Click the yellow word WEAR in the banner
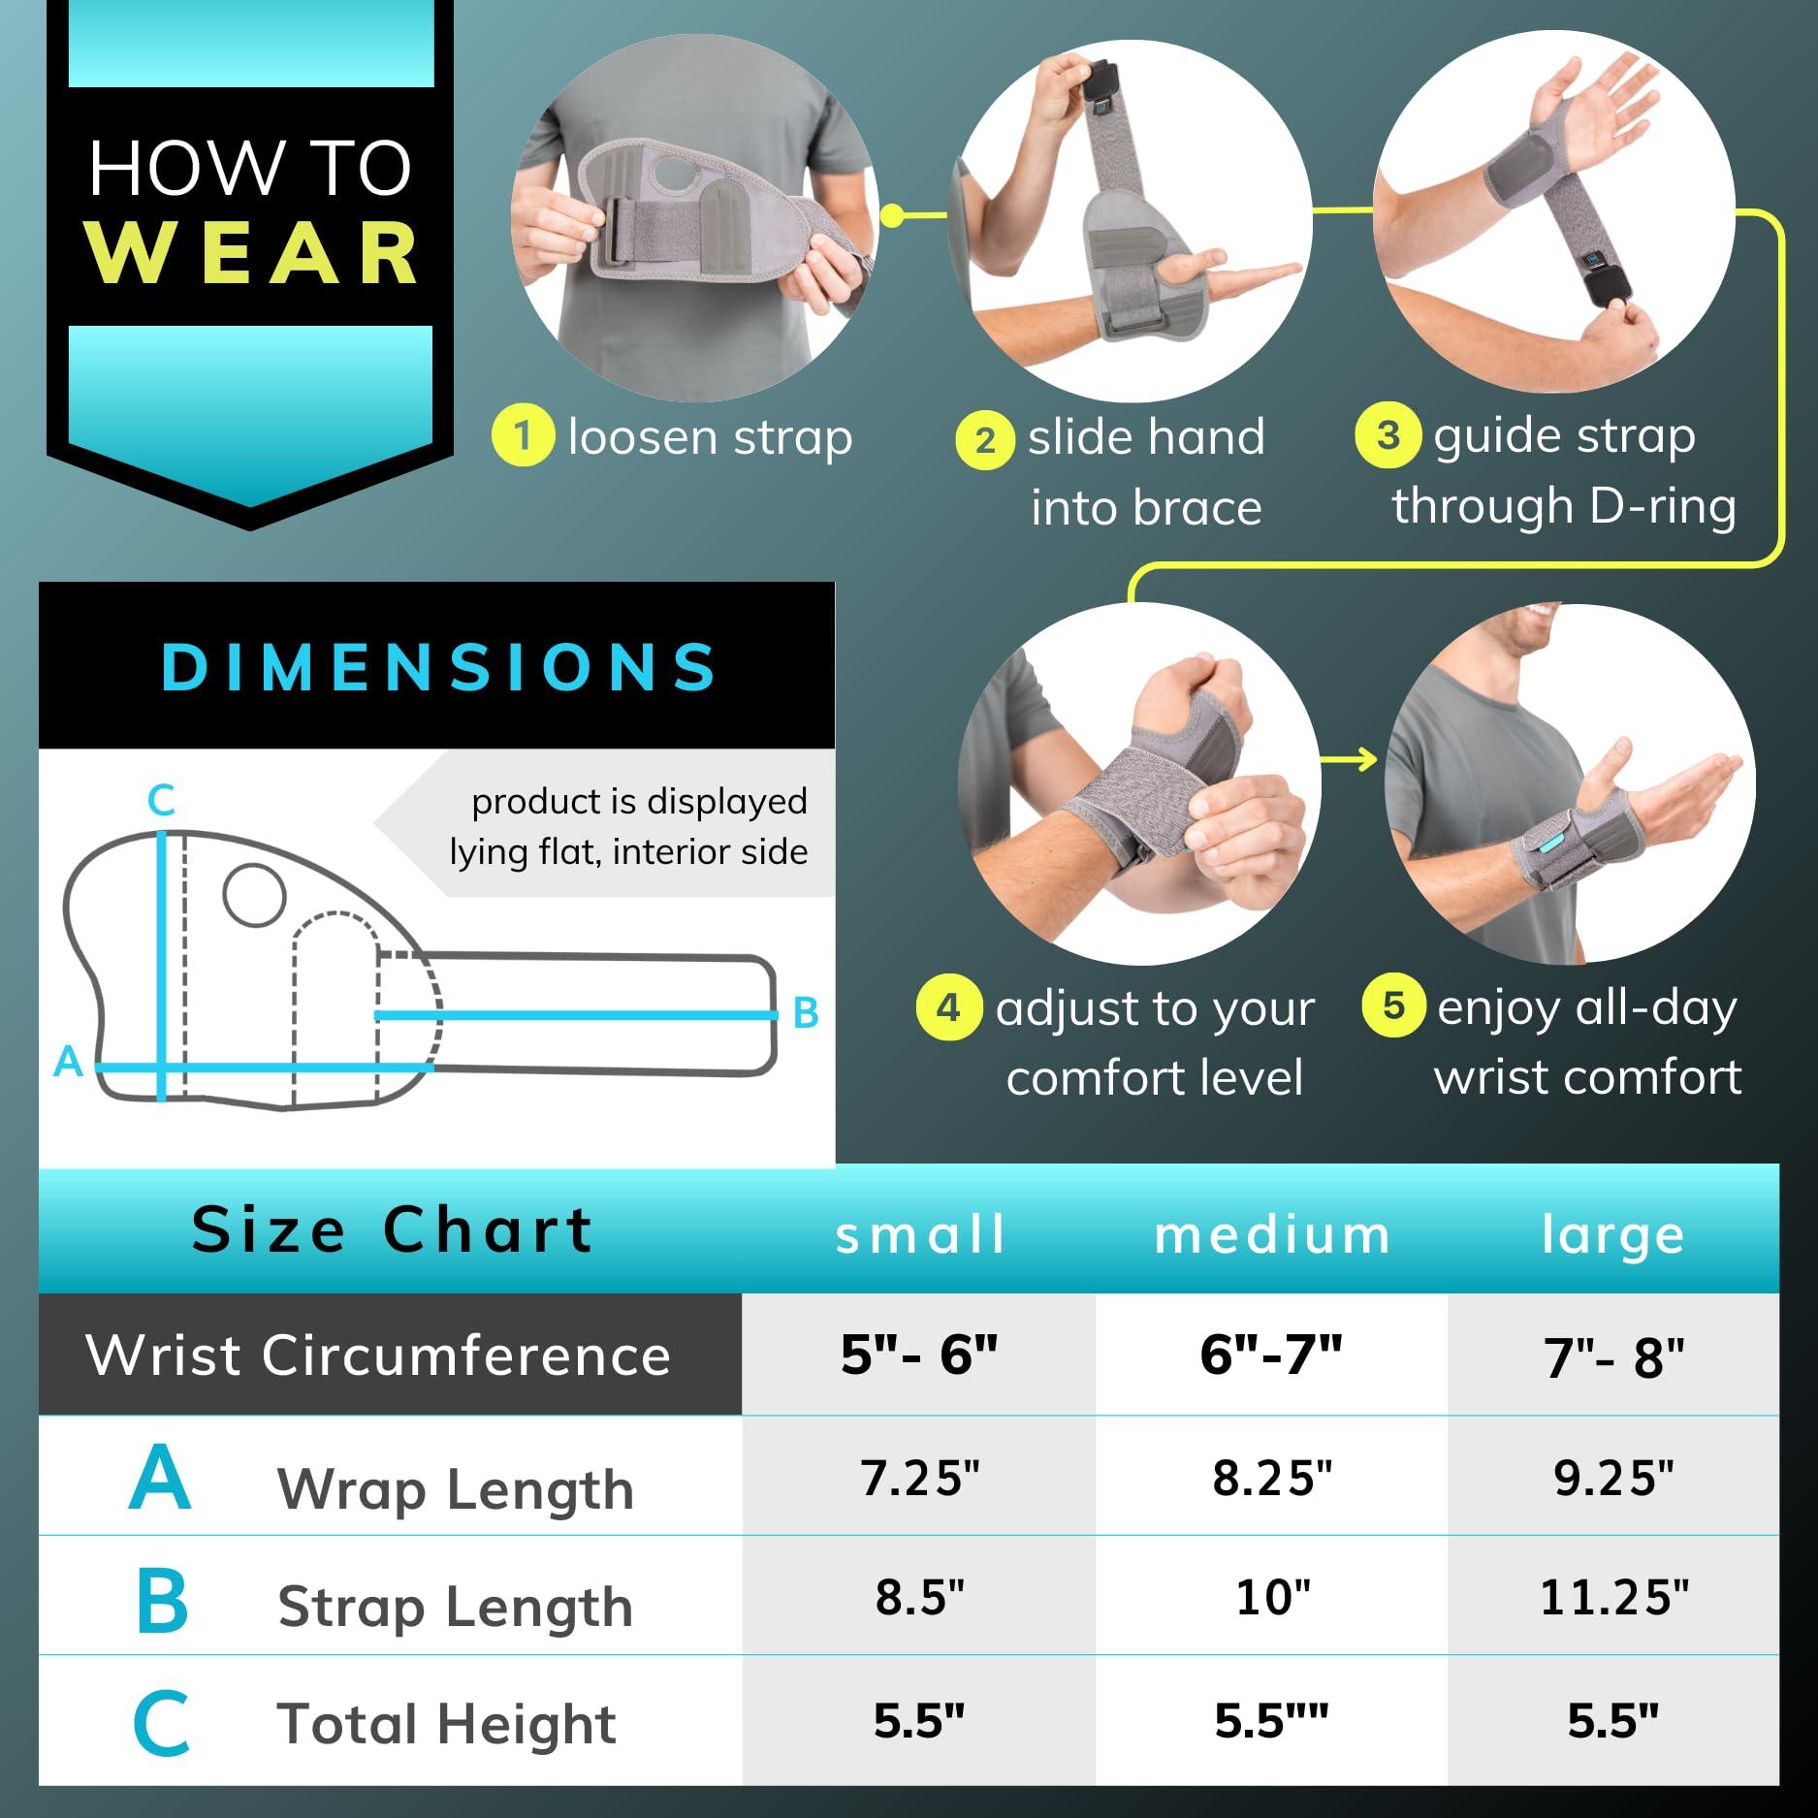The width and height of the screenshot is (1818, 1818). tap(251, 253)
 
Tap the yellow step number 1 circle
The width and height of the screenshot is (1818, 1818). tap(523, 436)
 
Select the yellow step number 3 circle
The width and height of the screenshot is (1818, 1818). tap(1387, 436)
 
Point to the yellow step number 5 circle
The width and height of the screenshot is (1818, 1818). tap(1393, 1005)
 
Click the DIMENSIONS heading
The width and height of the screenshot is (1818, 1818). tap(438, 666)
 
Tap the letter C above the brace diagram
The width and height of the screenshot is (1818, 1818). tap(161, 801)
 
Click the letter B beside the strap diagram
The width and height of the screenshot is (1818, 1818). tap(806, 1013)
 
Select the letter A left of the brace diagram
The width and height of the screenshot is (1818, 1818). tap(68, 1062)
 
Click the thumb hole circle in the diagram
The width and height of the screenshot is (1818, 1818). tap(254, 894)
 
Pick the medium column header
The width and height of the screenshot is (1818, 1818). tap(1272, 1235)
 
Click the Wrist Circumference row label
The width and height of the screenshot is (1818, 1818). tap(378, 1354)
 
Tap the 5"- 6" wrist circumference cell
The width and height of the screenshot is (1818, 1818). tap(919, 1354)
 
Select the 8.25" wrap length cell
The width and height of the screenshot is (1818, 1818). tap(1272, 1479)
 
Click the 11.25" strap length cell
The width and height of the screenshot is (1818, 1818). tap(1613, 1597)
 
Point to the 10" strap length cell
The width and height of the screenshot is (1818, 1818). tap(1272, 1597)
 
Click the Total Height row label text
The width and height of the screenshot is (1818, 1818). tap(447, 1723)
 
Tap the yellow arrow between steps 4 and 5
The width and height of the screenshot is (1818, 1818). tap(1349, 759)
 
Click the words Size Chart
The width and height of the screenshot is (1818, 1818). tap(393, 1229)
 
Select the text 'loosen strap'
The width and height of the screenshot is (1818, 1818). tap(711, 437)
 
